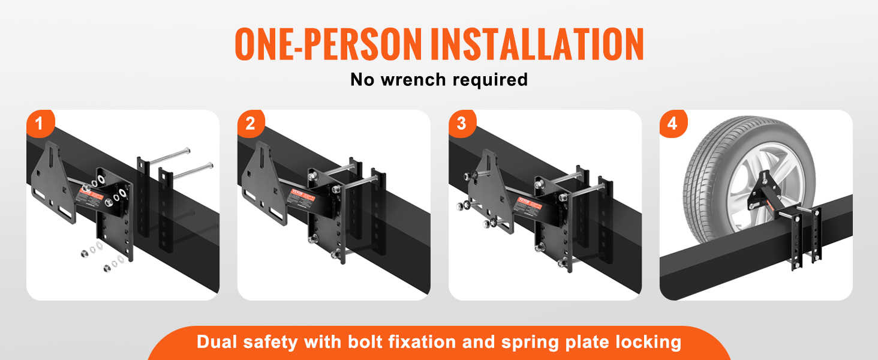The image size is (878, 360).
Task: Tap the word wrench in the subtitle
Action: tap(415, 79)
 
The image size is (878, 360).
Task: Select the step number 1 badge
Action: tap(40, 124)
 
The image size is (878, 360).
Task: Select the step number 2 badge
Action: tap(251, 124)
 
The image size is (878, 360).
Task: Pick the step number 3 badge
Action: tap(462, 124)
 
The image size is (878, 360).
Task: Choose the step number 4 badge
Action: tap(673, 124)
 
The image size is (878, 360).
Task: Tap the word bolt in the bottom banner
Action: tap(363, 342)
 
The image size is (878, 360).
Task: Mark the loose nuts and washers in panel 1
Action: tap(102, 258)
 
